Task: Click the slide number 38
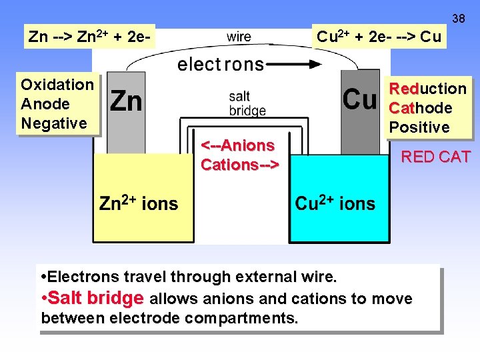click(x=459, y=18)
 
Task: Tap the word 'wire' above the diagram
click(x=239, y=37)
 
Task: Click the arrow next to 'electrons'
click(x=299, y=65)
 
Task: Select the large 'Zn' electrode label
click(x=126, y=101)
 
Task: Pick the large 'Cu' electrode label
click(x=359, y=99)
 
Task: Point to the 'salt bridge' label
click(x=247, y=104)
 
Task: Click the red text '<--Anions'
click(x=238, y=145)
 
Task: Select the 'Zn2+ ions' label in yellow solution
click(x=139, y=203)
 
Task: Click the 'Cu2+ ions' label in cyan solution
click(x=335, y=203)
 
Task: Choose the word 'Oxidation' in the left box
click(x=57, y=85)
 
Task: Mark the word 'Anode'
click(x=45, y=104)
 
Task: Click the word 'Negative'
click(x=54, y=123)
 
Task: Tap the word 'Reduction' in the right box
click(x=428, y=89)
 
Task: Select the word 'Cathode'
click(x=421, y=108)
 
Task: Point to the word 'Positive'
click(x=419, y=127)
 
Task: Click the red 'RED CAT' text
click(x=435, y=157)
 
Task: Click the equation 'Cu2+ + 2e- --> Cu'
click(x=379, y=37)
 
